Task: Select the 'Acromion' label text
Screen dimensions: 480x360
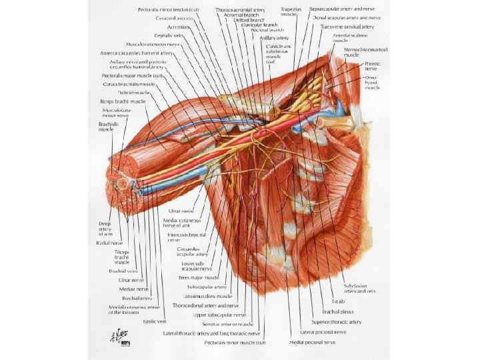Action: pyautogui.click(x=170, y=27)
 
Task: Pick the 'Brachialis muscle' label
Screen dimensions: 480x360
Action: pyautogui.click(x=106, y=126)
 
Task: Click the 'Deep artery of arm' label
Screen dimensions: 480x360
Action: pyautogui.click(x=106, y=229)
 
